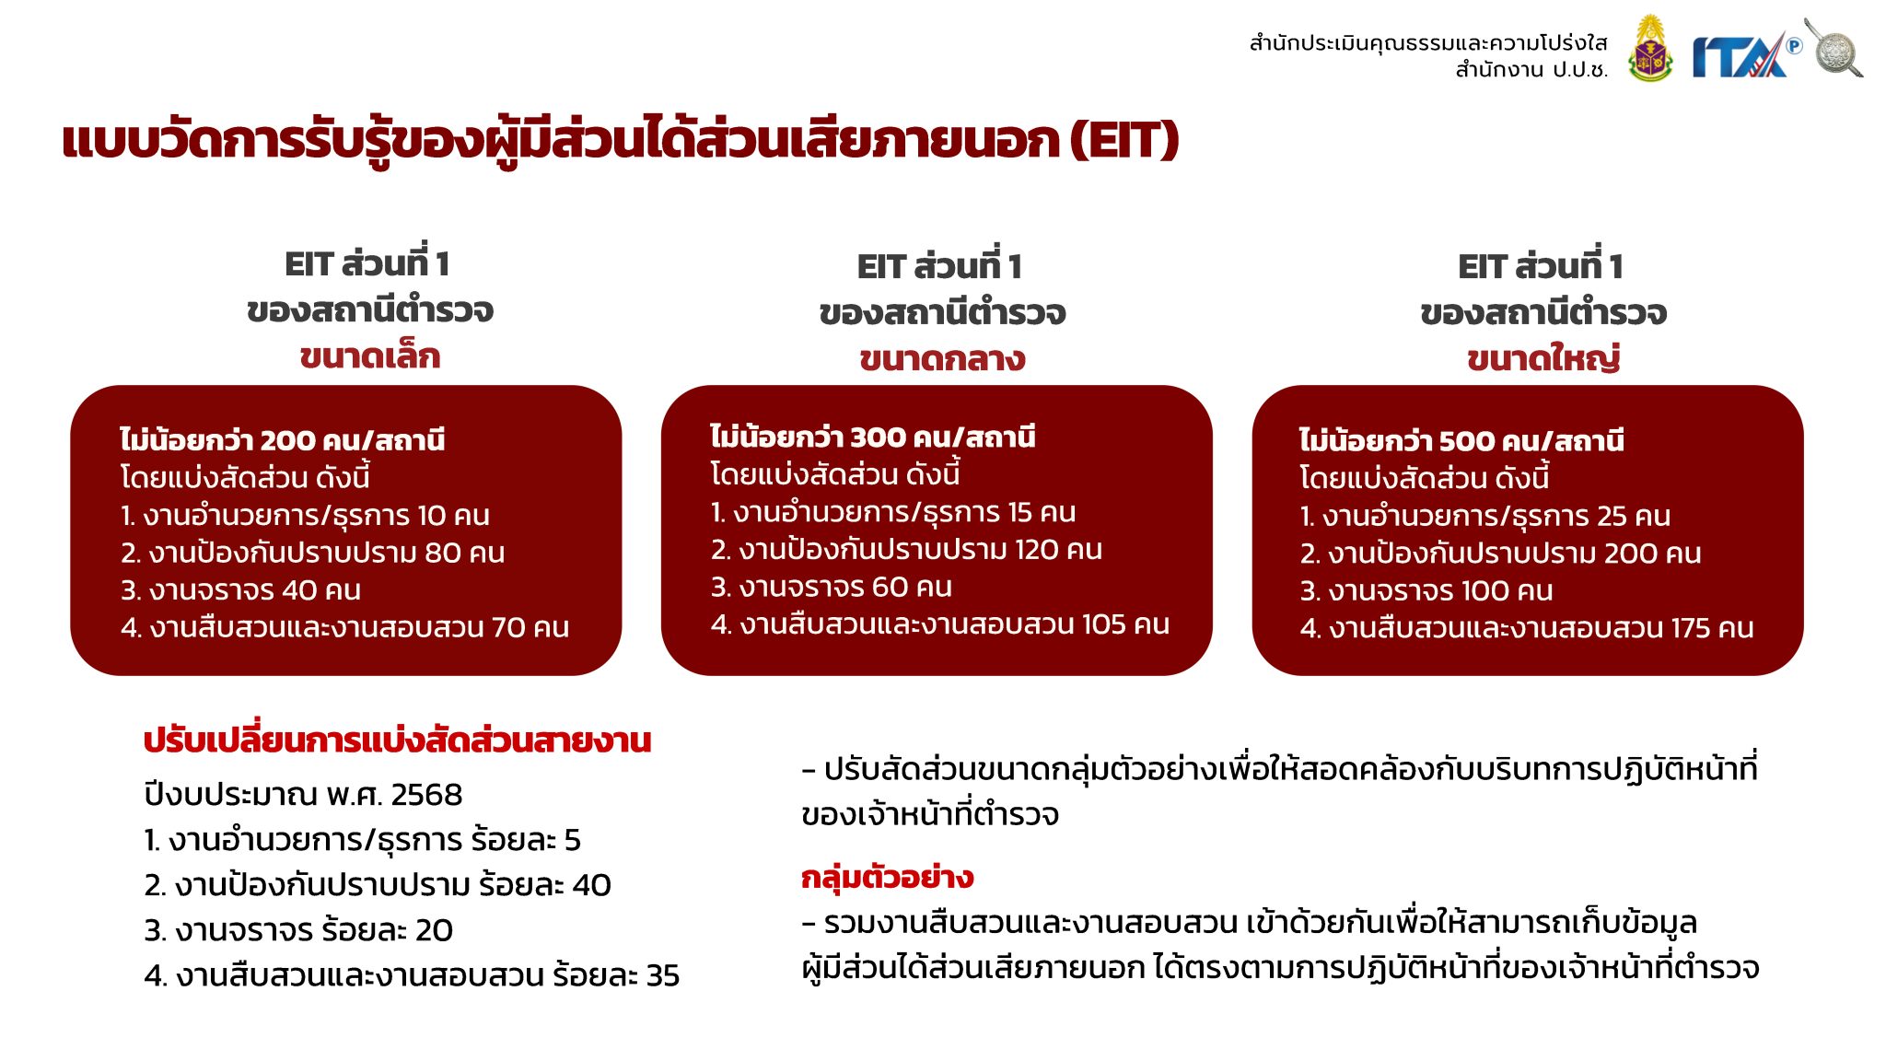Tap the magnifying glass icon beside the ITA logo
coord(1834,48)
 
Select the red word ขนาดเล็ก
coord(370,356)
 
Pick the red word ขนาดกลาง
coord(942,359)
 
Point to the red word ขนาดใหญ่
coord(1543,358)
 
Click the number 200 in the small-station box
coord(287,440)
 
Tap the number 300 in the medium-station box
coord(878,437)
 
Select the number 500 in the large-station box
coord(1467,441)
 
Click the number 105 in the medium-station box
coord(1103,624)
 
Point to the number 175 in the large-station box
coord(1690,628)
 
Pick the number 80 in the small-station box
coord(442,553)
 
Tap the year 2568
coord(426,795)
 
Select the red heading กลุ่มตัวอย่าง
coord(887,878)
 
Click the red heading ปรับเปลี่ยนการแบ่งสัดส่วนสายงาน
coord(397,740)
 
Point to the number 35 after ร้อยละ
coord(662,975)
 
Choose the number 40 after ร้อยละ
coord(591,885)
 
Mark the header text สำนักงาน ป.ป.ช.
coord(1531,70)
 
